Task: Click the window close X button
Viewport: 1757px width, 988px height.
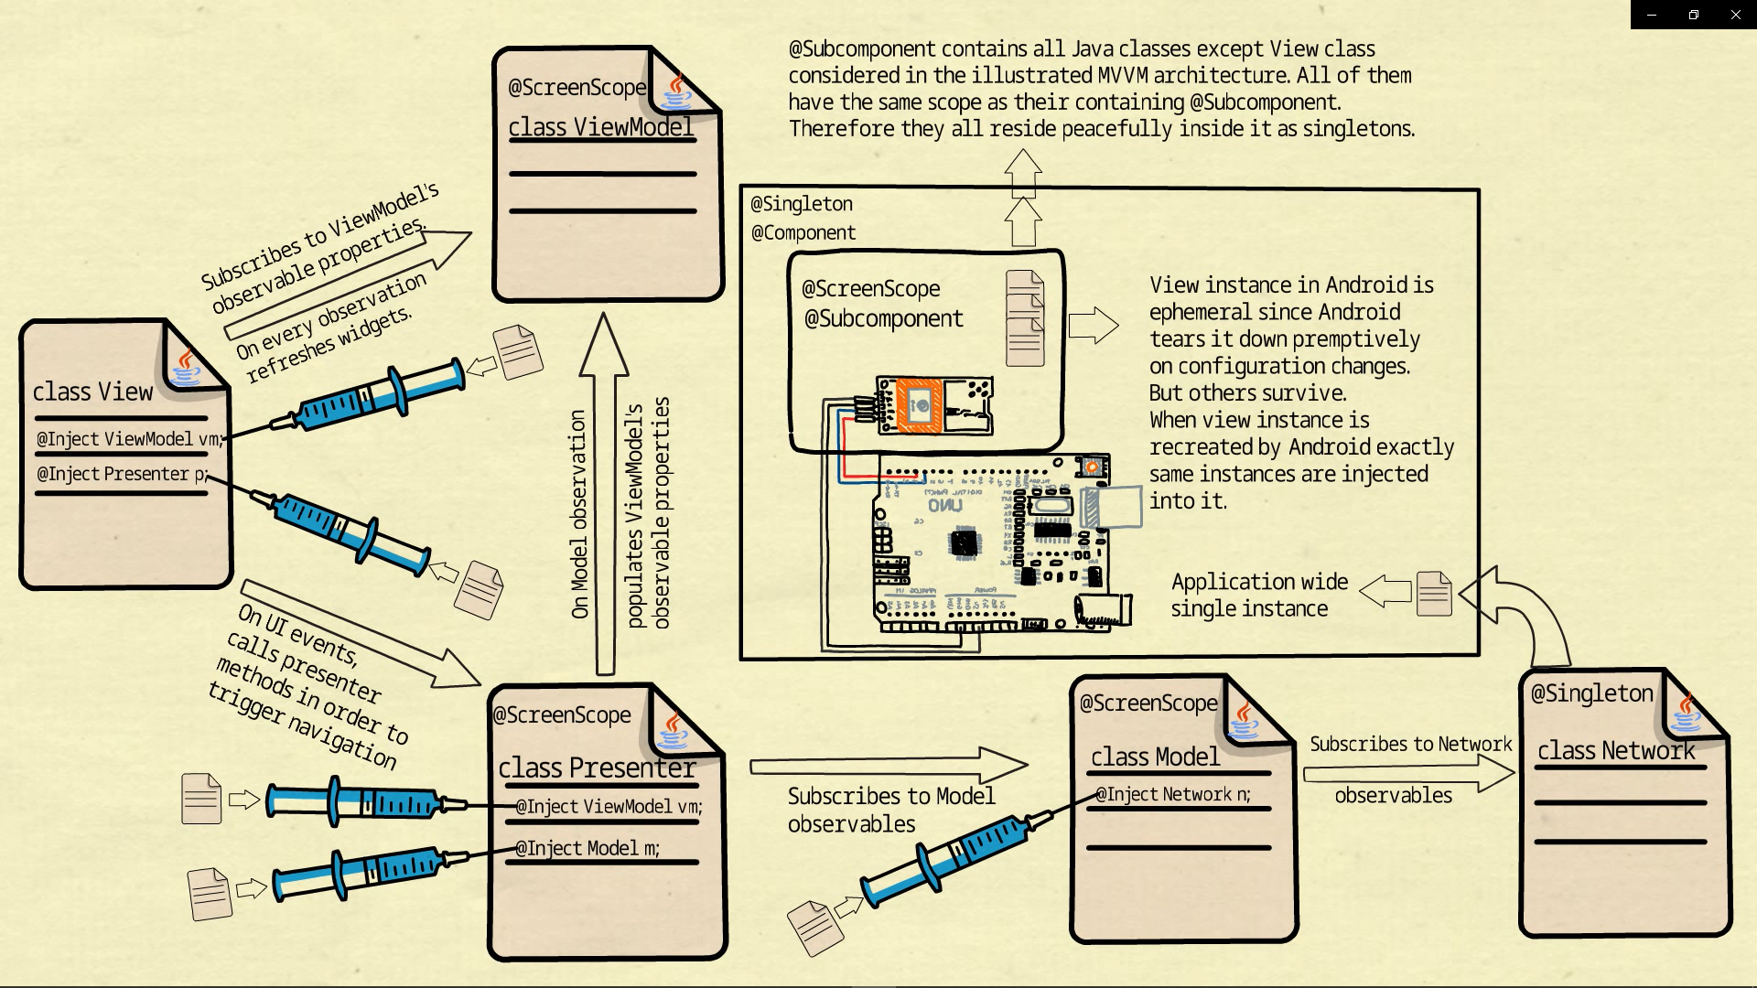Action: pyautogui.click(x=1735, y=15)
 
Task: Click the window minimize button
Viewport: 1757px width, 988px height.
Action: pyautogui.click(x=1652, y=15)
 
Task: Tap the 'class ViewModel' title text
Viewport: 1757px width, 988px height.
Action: pyautogui.click(x=600, y=127)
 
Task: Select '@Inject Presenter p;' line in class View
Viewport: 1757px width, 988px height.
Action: pyautogui.click(x=122, y=474)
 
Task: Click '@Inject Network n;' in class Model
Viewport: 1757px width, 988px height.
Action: pyautogui.click(x=1173, y=794)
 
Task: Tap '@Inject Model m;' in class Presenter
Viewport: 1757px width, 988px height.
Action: pyautogui.click(x=587, y=848)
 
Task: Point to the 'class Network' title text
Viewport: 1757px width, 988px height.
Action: pyautogui.click(x=1615, y=751)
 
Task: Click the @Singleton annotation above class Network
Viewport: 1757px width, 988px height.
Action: pyautogui.click(x=1591, y=693)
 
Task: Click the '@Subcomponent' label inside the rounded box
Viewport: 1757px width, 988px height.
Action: pyautogui.click(x=883, y=318)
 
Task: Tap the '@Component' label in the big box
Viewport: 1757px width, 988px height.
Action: pyautogui.click(x=803, y=232)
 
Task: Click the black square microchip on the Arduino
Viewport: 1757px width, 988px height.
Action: pyautogui.click(x=964, y=542)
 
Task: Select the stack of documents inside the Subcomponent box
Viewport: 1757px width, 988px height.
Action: pyautogui.click(x=1025, y=317)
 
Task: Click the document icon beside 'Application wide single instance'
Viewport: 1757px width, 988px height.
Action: pyautogui.click(x=1433, y=593)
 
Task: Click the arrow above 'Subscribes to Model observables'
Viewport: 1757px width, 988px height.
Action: pyautogui.click(x=888, y=765)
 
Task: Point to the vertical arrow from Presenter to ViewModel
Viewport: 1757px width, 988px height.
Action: pyautogui.click(x=604, y=494)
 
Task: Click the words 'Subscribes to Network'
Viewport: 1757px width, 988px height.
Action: pyautogui.click(x=1410, y=744)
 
